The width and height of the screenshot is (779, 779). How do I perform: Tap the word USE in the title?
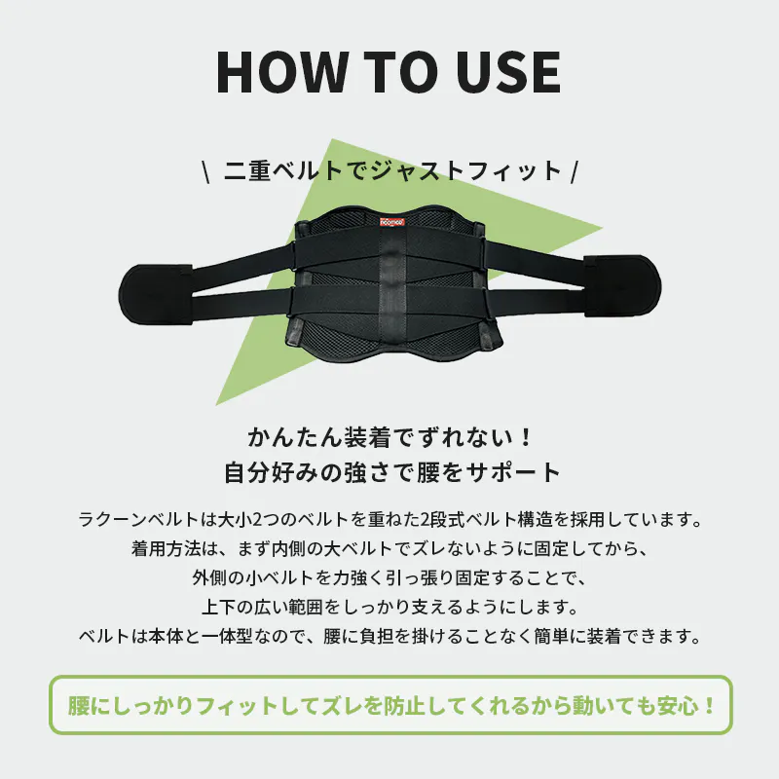click(x=509, y=72)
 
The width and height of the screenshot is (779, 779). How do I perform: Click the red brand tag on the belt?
click(x=392, y=222)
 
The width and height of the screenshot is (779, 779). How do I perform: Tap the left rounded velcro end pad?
click(x=155, y=295)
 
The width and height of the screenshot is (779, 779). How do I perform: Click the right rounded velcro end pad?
click(x=623, y=285)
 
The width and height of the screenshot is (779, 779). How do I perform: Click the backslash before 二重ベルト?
click(x=205, y=171)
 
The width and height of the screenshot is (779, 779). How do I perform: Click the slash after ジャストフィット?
click(x=575, y=171)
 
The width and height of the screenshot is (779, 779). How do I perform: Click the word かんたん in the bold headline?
click(x=295, y=437)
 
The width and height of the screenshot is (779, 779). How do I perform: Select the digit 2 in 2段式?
click(x=426, y=520)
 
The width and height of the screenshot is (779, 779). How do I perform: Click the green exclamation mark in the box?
click(x=710, y=706)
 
